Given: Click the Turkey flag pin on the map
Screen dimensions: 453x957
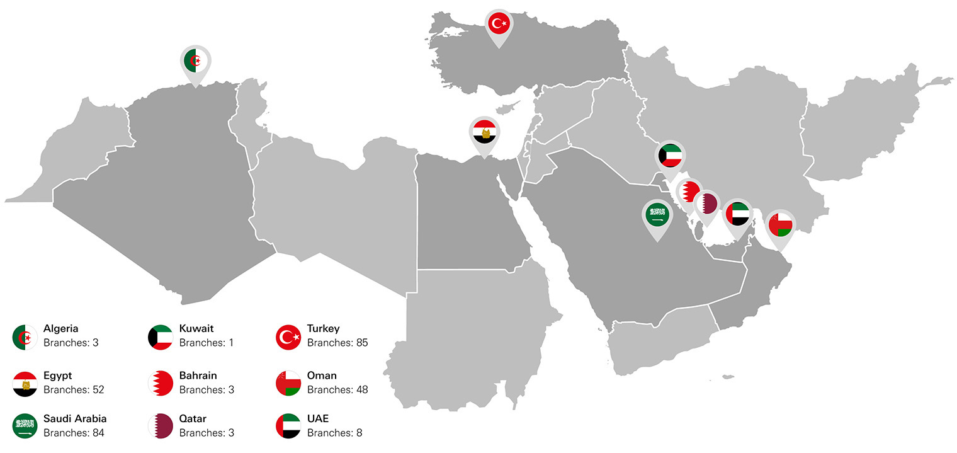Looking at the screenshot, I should point(499,25).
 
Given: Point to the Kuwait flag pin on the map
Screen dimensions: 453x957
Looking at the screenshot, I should point(670,156).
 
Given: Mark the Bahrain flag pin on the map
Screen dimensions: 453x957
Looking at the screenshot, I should point(688,192).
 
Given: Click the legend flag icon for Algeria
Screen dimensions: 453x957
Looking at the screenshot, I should point(25,337).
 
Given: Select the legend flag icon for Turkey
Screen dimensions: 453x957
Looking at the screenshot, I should point(289,337).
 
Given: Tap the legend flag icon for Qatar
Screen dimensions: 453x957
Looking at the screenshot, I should point(160,426).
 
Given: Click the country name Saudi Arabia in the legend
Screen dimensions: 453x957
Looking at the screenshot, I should point(75,418).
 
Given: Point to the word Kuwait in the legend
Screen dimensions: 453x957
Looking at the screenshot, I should point(196,328).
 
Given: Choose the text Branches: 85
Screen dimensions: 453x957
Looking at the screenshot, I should point(337,343).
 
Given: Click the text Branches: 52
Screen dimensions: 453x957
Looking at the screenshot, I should point(74,389).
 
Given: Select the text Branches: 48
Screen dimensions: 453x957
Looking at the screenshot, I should point(337,389).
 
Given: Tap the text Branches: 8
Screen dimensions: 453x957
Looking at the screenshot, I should point(334,433).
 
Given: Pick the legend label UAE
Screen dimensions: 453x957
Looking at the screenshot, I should point(318,418).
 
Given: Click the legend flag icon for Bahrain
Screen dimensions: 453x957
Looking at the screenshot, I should point(160,383).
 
